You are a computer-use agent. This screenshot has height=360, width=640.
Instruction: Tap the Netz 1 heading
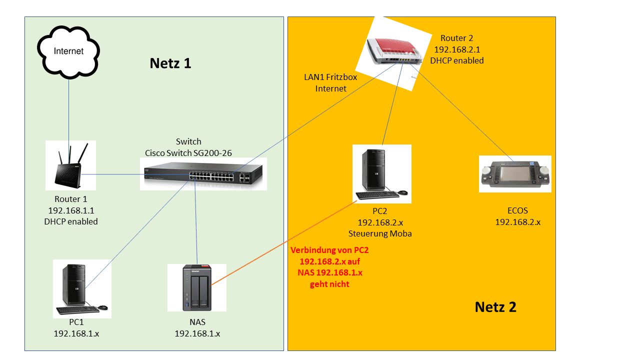click(170, 63)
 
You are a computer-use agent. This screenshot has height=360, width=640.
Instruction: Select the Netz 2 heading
click(495, 306)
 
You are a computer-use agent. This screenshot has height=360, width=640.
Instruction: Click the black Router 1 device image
click(70, 165)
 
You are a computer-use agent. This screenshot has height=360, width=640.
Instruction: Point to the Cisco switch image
click(203, 174)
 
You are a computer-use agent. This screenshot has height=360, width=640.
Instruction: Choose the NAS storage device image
click(197, 287)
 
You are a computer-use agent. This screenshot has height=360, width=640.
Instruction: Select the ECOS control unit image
click(515, 173)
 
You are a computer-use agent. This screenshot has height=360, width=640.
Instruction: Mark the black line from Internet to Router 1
click(68, 107)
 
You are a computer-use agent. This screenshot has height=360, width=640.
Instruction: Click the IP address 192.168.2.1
click(457, 49)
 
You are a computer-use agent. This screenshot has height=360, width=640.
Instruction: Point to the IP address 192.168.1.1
click(71, 210)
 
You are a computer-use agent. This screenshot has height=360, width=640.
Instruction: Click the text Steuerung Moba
click(380, 233)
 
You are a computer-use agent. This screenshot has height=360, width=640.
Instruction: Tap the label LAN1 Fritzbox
click(330, 77)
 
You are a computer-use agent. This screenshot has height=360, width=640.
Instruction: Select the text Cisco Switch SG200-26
click(188, 153)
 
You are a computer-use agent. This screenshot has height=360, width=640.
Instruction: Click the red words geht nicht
click(329, 284)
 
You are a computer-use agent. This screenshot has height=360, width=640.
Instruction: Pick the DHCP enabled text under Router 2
click(457, 60)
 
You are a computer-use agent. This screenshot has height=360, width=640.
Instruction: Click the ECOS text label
click(517, 210)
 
